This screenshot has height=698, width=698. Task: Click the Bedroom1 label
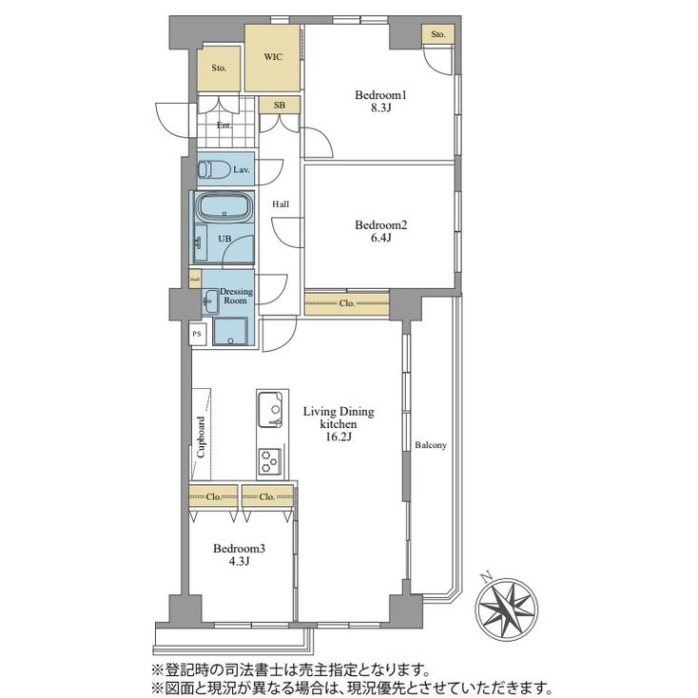[x=381, y=95]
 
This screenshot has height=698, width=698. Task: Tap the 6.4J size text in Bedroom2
[x=380, y=240]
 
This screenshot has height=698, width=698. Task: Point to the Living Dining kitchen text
[x=339, y=412]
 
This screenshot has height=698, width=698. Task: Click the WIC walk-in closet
[x=272, y=58]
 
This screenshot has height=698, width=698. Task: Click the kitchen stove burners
[x=269, y=462]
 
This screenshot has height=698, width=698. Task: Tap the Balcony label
[x=430, y=445]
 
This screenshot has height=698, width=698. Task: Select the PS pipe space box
[x=197, y=334]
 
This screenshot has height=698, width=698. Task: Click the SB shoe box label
[x=280, y=105]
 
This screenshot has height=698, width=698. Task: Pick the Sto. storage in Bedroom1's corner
[x=437, y=35]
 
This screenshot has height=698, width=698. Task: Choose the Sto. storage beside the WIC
[x=219, y=68]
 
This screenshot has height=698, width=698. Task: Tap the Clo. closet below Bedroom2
[x=347, y=304]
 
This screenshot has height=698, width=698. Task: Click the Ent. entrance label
[x=224, y=126]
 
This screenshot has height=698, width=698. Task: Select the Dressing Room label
[x=235, y=296]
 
